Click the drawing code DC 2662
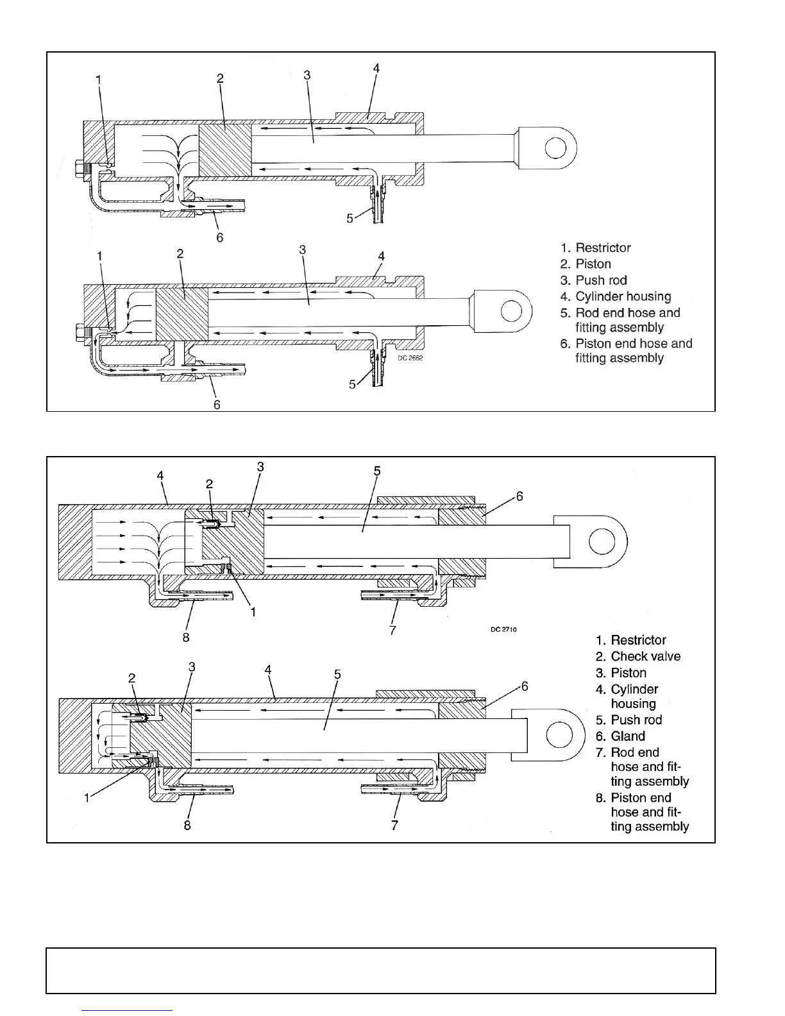410,358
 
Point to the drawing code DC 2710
503,629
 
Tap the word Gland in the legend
627,736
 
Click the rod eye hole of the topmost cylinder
555,148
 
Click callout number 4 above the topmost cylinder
376,68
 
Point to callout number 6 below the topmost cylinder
220,237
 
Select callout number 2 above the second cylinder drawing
180,254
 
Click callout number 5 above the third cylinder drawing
377,471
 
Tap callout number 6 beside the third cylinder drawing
519,496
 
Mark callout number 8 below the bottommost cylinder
187,825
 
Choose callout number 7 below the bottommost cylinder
394,825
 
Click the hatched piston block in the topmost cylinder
224,149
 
